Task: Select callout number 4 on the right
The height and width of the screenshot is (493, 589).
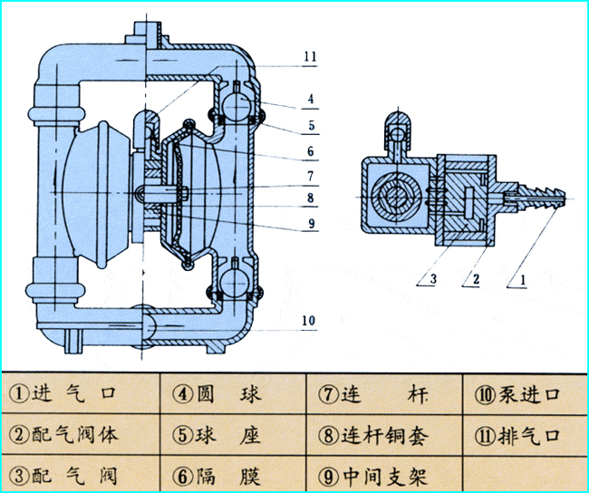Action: point(310,98)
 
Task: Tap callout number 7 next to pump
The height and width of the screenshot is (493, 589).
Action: point(310,174)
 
